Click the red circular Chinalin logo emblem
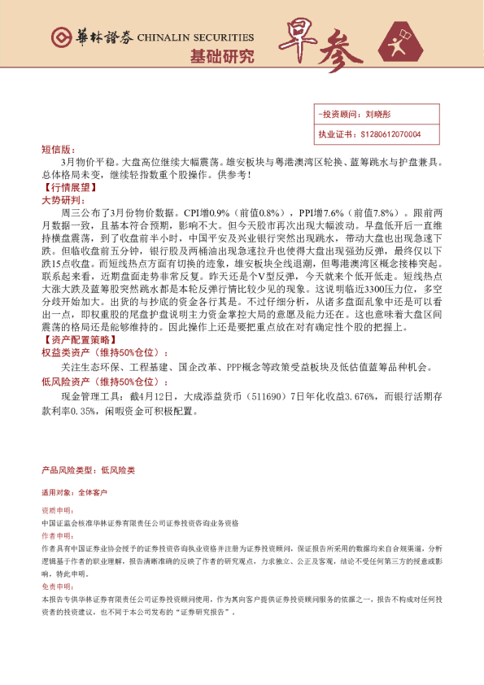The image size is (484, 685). (x=62, y=37)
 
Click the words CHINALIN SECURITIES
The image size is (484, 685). (x=195, y=37)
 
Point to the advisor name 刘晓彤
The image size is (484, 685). (x=380, y=116)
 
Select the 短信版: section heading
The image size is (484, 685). (x=58, y=151)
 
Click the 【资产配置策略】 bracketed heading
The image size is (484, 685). (x=76, y=341)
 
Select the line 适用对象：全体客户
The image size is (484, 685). (x=74, y=493)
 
